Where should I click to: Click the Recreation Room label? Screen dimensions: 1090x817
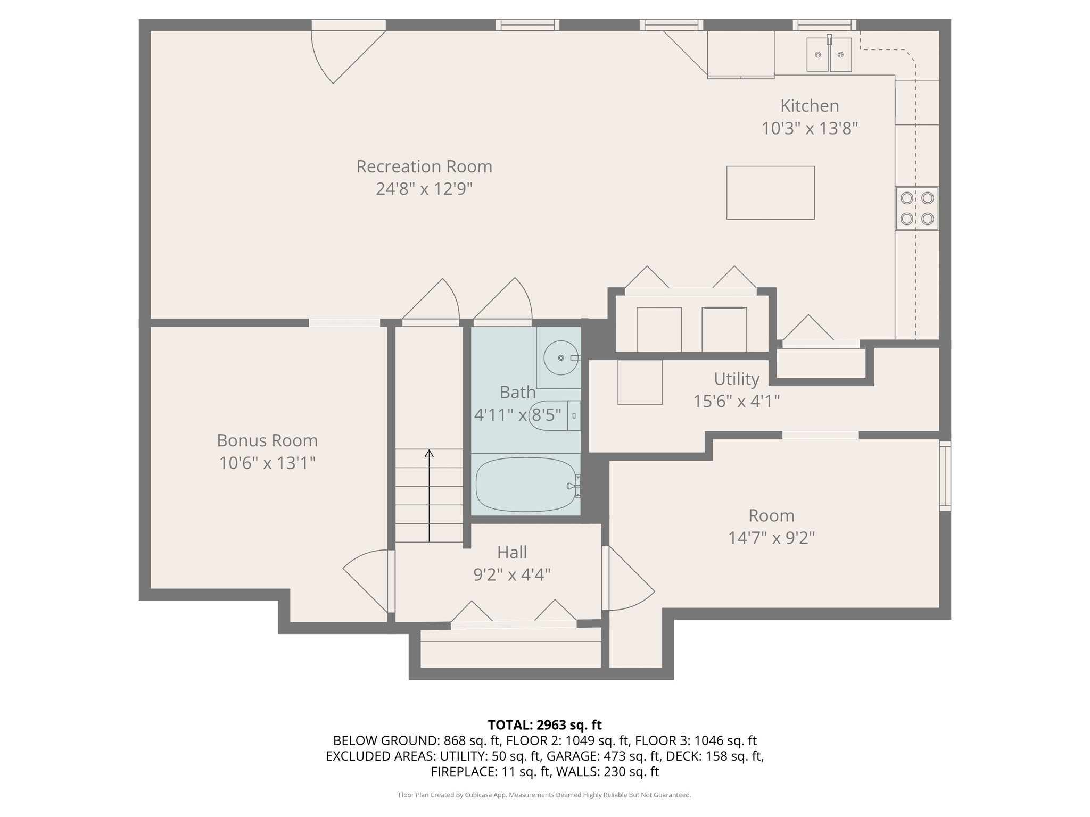pyautogui.click(x=424, y=166)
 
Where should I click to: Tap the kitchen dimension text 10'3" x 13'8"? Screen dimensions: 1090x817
pyautogui.click(x=810, y=128)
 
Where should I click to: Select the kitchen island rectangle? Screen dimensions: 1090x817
pyautogui.click(x=771, y=193)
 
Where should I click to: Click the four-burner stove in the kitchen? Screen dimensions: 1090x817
pyautogui.click(x=916, y=209)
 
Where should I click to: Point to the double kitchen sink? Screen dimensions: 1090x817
pyautogui.click(x=829, y=54)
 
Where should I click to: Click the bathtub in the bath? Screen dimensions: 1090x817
pyautogui.click(x=526, y=485)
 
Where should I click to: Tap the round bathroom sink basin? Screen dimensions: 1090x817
pyautogui.click(x=561, y=358)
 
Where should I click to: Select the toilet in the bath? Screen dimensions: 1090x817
pyautogui.click(x=554, y=415)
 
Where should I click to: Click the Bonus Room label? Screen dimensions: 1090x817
pyautogui.click(x=267, y=440)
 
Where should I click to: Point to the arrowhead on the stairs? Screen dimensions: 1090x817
pyautogui.click(x=429, y=453)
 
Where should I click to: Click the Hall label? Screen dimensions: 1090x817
pyautogui.click(x=512, y=552)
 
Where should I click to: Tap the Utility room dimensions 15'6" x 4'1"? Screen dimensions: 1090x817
pyautogui.click(x=736, y=401)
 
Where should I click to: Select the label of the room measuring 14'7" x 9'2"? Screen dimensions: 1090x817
pyautogui.click(x=771, y=515)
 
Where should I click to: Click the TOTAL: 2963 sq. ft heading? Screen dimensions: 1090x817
pyautogui.click(x=544, y=724)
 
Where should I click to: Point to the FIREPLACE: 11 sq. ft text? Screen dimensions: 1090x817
pyautogui.click(x=490, y=771)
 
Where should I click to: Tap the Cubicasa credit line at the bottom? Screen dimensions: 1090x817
pyautogui.click(x=544, y=795)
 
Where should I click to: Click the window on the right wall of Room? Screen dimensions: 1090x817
pyautogui.click(x=945, y=476)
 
